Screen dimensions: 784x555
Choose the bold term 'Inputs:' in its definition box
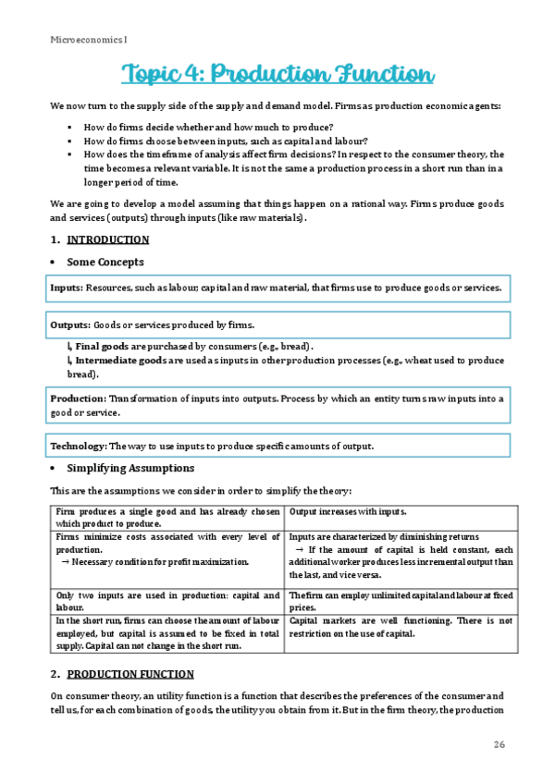click(66, 288)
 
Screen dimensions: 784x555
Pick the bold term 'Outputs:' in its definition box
click(70, 325)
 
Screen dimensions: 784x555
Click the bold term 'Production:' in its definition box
click(79, 398)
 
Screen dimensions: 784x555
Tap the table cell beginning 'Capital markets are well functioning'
click(401, 628)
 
